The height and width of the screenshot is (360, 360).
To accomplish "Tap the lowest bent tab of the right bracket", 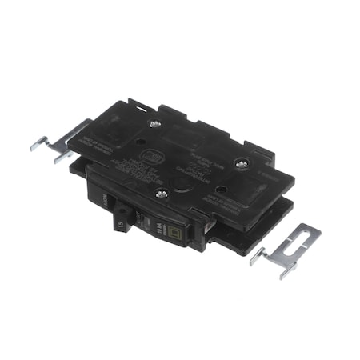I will (x=284, y=274).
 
